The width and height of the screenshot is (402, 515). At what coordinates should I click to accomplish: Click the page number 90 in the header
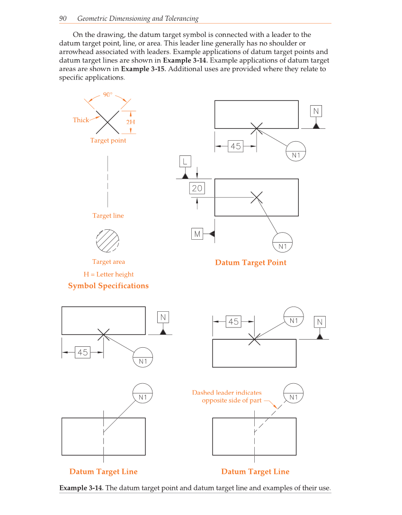(63, 18)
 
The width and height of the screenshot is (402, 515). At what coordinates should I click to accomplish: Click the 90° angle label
(108, 94)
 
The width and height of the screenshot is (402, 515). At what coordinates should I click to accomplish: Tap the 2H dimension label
(131, 122)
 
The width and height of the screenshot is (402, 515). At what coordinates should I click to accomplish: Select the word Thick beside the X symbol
(80, 120)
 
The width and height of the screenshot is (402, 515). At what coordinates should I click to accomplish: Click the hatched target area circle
(108, 241)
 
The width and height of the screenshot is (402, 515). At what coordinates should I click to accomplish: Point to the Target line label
(108, 216)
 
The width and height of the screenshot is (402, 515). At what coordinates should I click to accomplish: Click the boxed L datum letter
(185, 161)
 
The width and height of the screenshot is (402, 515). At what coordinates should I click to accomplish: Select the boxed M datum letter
(197, 234)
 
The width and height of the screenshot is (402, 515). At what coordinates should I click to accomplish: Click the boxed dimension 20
(197, 189)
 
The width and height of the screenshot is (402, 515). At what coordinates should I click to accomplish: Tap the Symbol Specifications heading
(108, 286)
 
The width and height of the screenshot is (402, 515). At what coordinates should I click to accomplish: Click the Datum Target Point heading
(250, 262)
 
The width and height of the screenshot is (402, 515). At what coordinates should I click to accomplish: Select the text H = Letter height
(108, 274)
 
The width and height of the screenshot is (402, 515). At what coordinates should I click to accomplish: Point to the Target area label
(108, 262)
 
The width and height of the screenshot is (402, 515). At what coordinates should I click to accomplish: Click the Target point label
(108, 140)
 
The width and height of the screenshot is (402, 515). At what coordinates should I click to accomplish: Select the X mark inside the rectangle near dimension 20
(257, 197)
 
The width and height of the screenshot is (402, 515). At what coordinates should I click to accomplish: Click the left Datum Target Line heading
(103, 471)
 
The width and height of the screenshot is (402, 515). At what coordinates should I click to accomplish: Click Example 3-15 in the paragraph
(143, 69)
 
